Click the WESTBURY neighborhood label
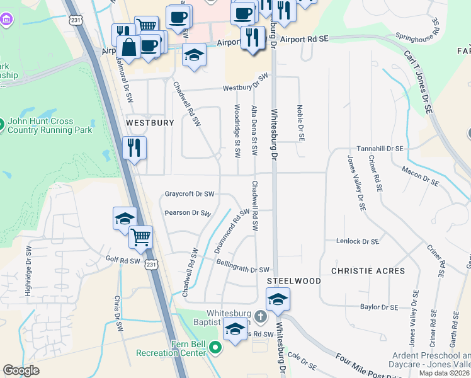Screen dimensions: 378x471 coord(150,123)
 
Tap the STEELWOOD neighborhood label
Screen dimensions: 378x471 coord(294,280)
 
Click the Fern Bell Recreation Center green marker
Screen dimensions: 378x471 coord(216,347)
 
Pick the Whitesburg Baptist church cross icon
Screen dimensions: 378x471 coord(261,314)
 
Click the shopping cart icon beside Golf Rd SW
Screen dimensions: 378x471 coord(140,237)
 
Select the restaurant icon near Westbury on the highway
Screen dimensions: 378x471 coord(134,148)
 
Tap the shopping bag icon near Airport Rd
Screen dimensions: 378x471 coord(128,47)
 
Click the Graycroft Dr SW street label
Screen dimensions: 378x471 coord(190,194)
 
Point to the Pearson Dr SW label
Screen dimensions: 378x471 coord(188,213)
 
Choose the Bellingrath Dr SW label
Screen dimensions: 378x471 coord(242,270)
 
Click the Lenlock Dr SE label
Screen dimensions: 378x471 coord(358,241)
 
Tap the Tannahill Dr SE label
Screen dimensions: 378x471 coord(379,149)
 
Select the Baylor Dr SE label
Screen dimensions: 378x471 coord(379,307)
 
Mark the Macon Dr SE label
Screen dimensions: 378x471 coord(420,175)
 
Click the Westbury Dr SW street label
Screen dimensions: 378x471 coord(245,83)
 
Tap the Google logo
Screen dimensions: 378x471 coord(21,370)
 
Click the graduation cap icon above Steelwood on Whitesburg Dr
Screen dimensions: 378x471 coord(278,300)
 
